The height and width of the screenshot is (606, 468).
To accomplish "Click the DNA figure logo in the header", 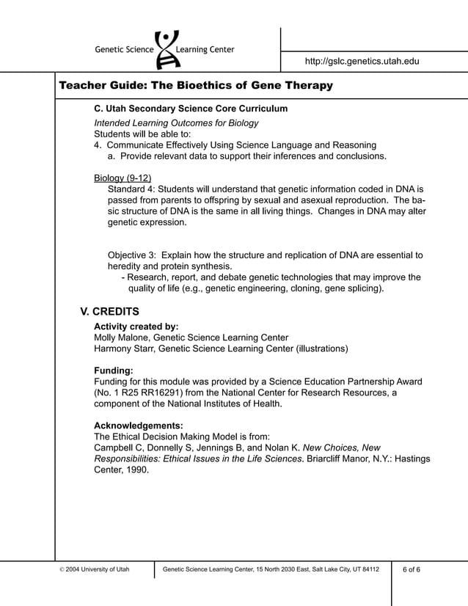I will (x=168, y=48).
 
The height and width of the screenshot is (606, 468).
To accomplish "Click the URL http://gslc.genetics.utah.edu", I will (x=362, y=62).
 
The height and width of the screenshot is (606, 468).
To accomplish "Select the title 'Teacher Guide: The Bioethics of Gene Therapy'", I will (x=196, y=86).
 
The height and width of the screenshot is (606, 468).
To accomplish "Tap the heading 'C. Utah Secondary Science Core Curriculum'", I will (x=191, y=109).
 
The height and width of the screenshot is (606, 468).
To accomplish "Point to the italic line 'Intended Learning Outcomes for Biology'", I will (x=176, y=123).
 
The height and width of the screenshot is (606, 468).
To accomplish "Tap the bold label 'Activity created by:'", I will (x=136, y=326).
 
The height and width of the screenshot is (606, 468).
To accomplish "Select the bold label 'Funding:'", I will (x=114, y=370).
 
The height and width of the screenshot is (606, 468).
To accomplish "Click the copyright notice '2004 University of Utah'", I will (x=96, y=569).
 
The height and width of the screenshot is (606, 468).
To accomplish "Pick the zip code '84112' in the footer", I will (x=370, y=569).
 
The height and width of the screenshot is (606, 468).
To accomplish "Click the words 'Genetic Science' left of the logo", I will (x=124, y=50).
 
